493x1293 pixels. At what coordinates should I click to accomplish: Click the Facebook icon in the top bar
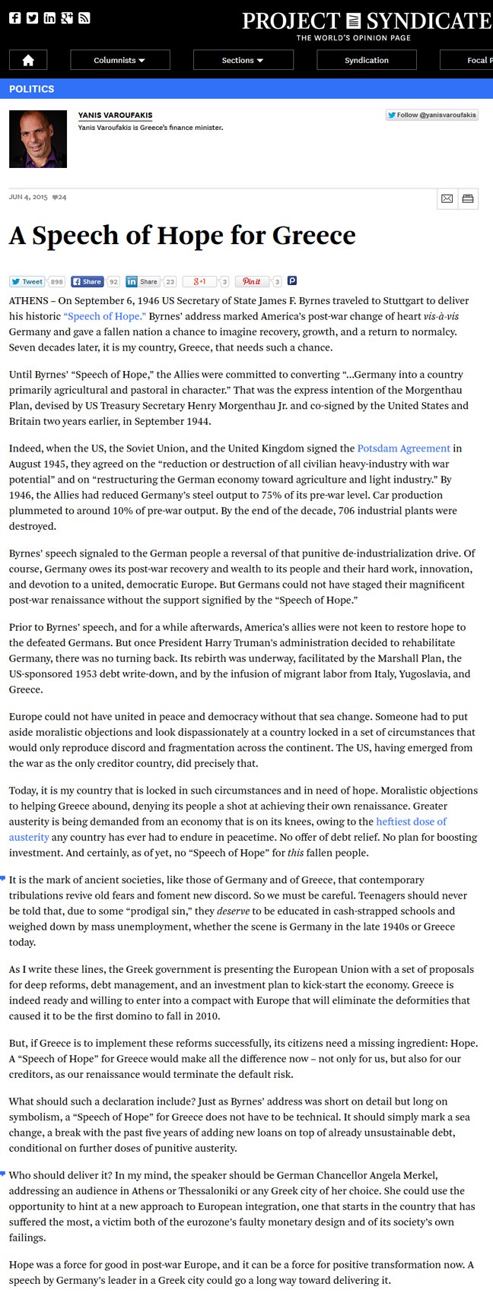coord(15,18)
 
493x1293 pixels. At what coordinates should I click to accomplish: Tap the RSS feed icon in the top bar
coord(84,18)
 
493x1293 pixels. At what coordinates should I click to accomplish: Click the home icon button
coord(28,60)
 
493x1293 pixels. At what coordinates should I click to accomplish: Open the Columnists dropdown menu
coord(119,60)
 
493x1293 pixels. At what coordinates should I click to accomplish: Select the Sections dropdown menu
coord(243,60)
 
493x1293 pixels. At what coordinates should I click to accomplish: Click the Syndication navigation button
coord(366,60)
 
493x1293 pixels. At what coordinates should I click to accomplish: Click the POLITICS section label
coord(32,89)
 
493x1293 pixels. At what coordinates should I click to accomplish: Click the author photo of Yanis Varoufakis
coord(38,139)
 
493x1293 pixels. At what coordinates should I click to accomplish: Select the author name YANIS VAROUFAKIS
coord(115,116)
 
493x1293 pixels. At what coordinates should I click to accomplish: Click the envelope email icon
coord(447,198)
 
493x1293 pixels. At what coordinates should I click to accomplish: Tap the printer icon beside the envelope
coord(468,198)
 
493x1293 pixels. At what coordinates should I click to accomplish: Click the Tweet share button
coord(27,281)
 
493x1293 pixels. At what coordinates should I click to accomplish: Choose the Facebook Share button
coord(87,281)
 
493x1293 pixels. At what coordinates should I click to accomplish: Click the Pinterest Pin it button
coord(252,281)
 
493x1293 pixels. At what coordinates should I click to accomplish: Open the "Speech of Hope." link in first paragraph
coord(104,316)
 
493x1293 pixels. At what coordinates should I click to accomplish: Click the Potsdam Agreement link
coord(403,448)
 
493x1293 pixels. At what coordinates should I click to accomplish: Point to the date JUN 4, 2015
coord(28,197)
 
